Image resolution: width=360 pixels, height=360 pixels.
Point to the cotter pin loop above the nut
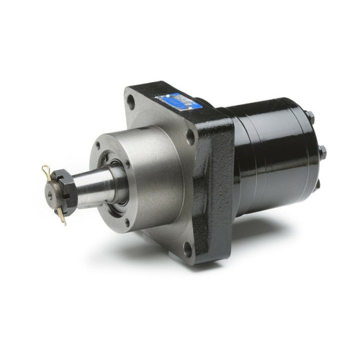click(x=45, y=171)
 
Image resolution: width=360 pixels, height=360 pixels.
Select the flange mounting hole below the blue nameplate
click(x=190, y=135)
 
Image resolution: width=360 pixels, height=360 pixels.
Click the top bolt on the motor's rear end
click(x=308, y=116)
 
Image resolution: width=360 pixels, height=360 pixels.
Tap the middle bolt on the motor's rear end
click(x=322, y=152)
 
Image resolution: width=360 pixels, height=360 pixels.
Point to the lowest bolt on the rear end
click(x=317, y=184)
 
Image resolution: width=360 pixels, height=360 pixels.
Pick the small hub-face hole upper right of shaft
click(x=127, y=164)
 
